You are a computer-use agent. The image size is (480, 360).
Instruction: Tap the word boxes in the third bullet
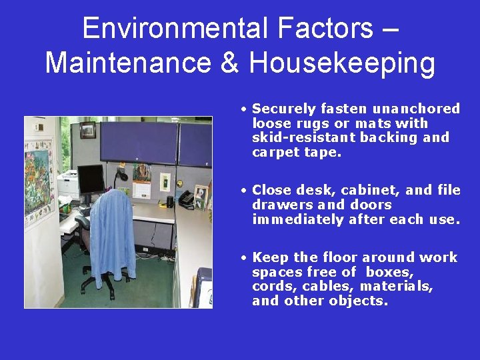(390, 272)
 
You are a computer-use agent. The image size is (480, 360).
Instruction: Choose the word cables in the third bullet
(327, 287)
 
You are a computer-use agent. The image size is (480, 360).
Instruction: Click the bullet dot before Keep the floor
(245, 258)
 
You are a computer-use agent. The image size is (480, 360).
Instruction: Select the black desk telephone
(185, 199)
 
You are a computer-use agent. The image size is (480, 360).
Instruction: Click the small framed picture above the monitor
(87, 131)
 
